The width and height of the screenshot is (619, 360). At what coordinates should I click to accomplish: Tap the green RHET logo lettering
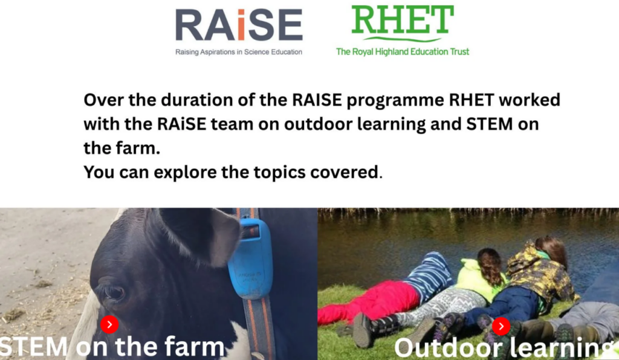pyautogui.click(x=402, y=20)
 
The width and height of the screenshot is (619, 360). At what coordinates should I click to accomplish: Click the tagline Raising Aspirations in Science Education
pyautogui.click(x=239, y=52)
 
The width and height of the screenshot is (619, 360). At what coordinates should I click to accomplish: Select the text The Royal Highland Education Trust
pyautogui.click(x=403, y=52)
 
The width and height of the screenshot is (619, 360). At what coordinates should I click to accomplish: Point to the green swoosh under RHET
pyautogui.click(x=402, y=39)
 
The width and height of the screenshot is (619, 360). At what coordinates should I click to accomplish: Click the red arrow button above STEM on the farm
pyautogui.click(x=109, y=324)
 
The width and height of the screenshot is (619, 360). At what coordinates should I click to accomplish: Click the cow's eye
pyautogui.click(x=114, y=293)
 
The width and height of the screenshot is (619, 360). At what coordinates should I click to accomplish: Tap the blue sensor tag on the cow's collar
pyautogui.click(x=250, y=259)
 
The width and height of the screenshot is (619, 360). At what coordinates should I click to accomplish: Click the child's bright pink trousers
pyautogui.click(x=369, y=301)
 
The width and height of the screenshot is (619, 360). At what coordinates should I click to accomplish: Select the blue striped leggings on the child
pyautogui.click(x=429, y=271)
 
